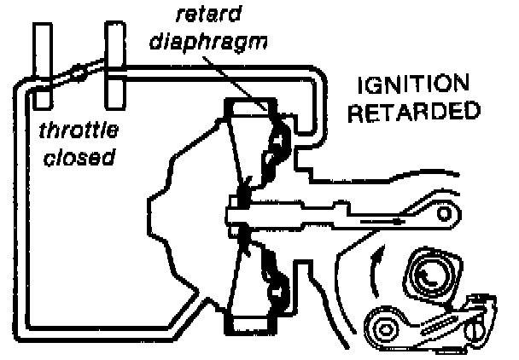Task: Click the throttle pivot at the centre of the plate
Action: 79,73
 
